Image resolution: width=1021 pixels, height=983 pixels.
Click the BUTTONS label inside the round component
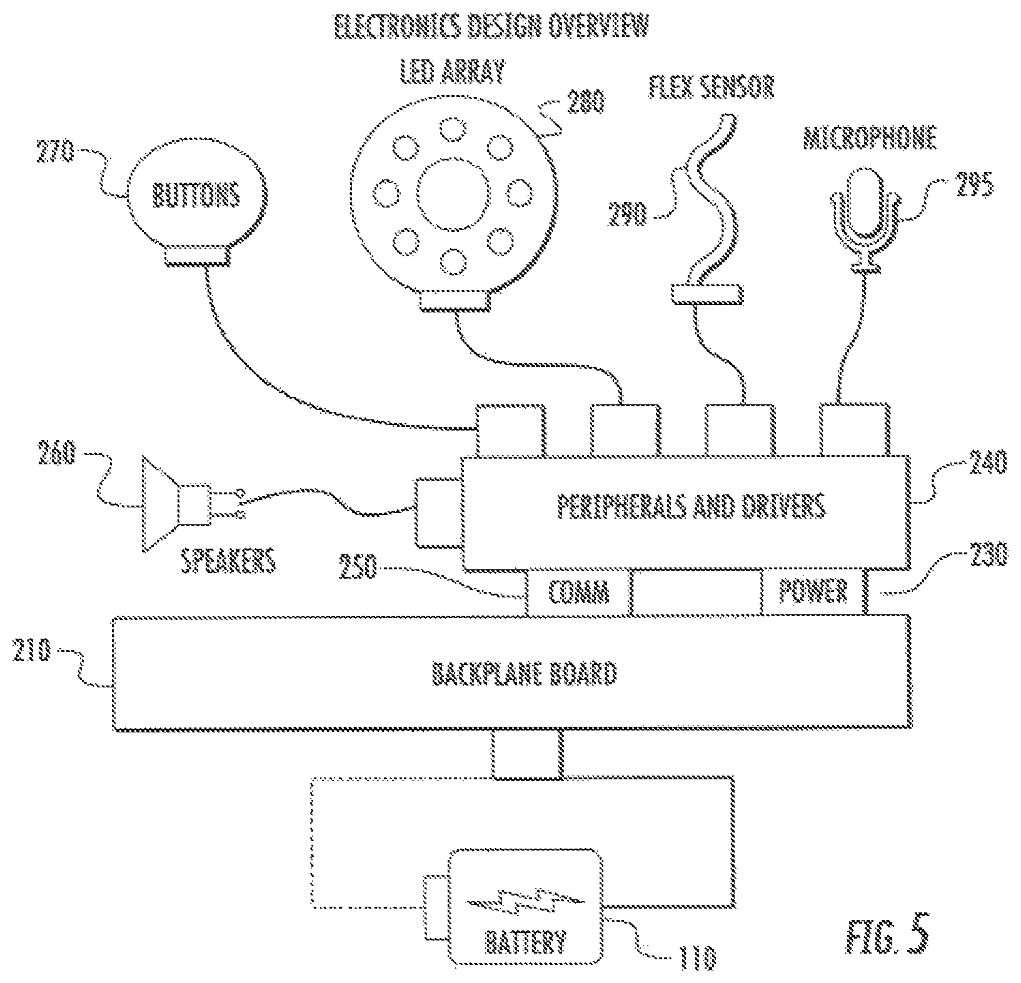pos(196,194)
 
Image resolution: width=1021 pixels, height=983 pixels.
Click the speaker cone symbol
pos(161,504)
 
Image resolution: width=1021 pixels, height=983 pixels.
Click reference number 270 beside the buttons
pos(55,152)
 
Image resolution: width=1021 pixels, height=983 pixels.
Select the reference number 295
pos(973,185)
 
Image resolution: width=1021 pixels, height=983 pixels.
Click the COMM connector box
pos(578,591)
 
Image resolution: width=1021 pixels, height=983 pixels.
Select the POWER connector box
pos(813,591)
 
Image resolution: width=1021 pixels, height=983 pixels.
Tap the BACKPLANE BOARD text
pos(524,674)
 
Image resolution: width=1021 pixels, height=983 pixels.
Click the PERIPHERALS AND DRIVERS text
pos(690,507)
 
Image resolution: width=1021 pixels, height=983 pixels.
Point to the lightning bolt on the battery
pos(526,904)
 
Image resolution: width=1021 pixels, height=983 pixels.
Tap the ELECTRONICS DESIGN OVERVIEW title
pos(491,28)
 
